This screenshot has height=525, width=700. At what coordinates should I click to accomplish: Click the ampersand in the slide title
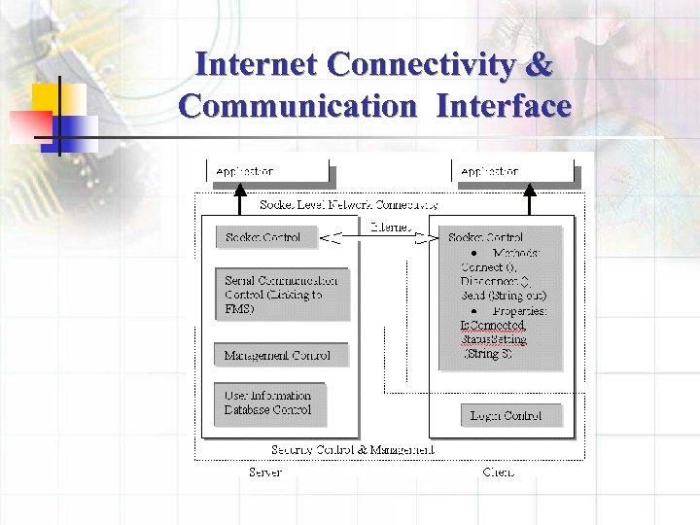[541, 65]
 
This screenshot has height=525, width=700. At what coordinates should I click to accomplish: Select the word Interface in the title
[504, 105]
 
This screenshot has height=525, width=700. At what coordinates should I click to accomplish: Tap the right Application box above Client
[516, 172]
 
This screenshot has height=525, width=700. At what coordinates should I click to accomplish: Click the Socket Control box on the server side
[263, 237]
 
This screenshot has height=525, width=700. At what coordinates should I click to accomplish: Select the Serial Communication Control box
[282, 295]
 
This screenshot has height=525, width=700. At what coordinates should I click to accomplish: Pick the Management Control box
[277, 356]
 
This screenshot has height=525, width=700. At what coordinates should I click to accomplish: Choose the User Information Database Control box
[269, 403]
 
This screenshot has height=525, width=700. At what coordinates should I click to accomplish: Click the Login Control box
[509, 415]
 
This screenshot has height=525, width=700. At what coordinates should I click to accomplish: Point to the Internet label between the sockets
[391, 227]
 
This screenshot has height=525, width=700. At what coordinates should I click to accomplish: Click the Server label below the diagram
[265, 472]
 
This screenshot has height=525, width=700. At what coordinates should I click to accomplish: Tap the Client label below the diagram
[498, 472]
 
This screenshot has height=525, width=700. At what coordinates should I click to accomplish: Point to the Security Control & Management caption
[352, 450]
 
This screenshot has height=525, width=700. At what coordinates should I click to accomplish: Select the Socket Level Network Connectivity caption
[349, 205]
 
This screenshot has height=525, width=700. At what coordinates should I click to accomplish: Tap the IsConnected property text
[492, 326]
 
